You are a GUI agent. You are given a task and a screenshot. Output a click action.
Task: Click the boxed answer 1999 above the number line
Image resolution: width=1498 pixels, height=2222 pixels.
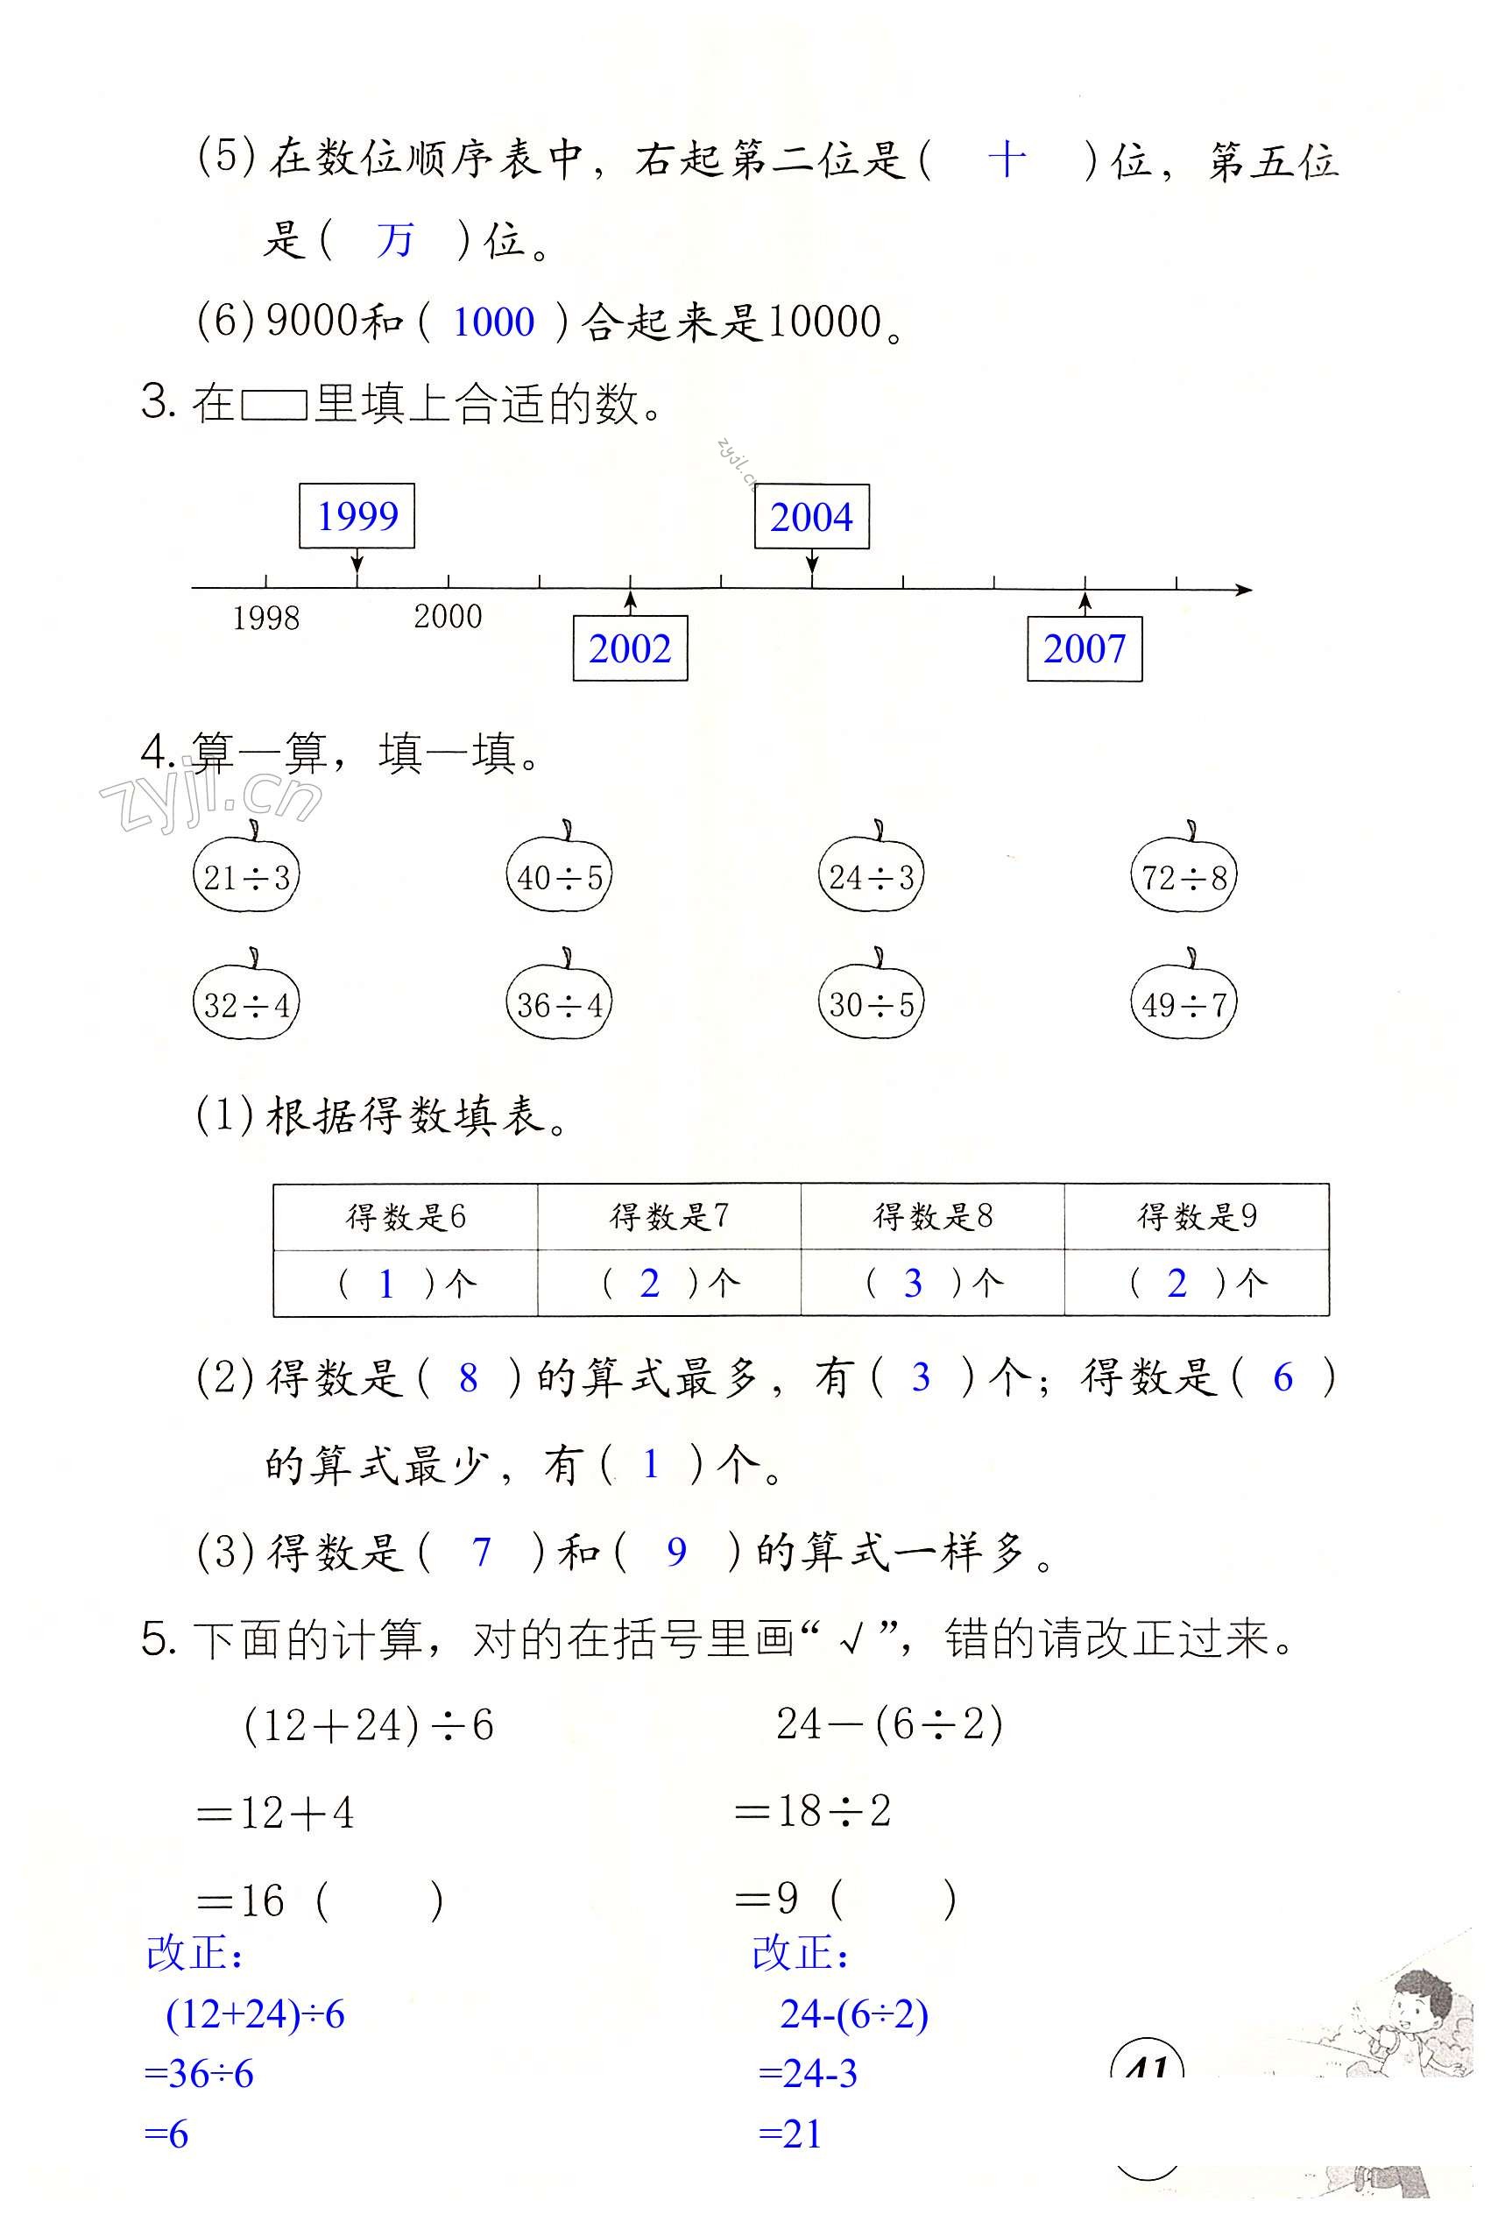[x=357, y=516]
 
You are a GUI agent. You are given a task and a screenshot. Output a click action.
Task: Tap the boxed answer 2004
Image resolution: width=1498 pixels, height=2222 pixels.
[x=811, y=517]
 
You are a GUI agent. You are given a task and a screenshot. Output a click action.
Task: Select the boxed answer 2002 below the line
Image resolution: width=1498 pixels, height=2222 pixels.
[x=630, y=648]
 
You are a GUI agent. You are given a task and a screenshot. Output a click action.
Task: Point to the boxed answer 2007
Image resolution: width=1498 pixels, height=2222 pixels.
[x=1085, y=648]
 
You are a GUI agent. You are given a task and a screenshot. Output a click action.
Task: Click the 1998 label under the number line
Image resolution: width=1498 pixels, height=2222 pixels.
[x=265, y=618]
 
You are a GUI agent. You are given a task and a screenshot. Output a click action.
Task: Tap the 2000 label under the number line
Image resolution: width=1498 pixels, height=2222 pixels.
[x=447, y=616]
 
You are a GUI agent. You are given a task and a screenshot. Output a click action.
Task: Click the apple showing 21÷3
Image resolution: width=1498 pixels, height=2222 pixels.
[x=246, y=874]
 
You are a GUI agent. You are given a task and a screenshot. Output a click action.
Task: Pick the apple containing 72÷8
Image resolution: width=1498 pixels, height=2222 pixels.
[x=1184, y=874]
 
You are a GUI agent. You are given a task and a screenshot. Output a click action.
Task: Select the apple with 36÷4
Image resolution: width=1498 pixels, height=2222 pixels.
[x=559, y=1002]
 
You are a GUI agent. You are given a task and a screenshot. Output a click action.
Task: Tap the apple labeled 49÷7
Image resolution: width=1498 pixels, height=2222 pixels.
[x=1184, y=1002]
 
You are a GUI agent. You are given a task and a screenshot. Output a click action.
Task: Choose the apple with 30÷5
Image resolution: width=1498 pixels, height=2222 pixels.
[x=872, y=1002]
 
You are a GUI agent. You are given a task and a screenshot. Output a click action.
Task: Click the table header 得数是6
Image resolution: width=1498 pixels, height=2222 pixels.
[x=405, y=1216]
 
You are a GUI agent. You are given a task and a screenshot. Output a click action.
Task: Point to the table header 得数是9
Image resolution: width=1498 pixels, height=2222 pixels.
[x=1196, y=1216]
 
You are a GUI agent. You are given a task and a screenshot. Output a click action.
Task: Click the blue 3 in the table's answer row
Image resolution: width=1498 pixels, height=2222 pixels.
[x=912, y=1283]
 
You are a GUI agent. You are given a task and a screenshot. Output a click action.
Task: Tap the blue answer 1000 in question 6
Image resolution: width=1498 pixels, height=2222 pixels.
[x=493, y=322]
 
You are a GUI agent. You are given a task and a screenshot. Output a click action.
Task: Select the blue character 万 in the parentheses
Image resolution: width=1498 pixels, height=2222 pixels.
[x=394, y=239]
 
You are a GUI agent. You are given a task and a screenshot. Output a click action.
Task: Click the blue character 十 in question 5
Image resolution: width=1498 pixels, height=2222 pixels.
[x=1006, y=159]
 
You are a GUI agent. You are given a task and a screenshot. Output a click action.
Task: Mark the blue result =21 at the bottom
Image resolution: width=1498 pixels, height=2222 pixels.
[x=790, y=2134]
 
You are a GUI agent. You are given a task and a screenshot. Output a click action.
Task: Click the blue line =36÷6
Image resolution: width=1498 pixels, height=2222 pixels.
[x=199, y=2074]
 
